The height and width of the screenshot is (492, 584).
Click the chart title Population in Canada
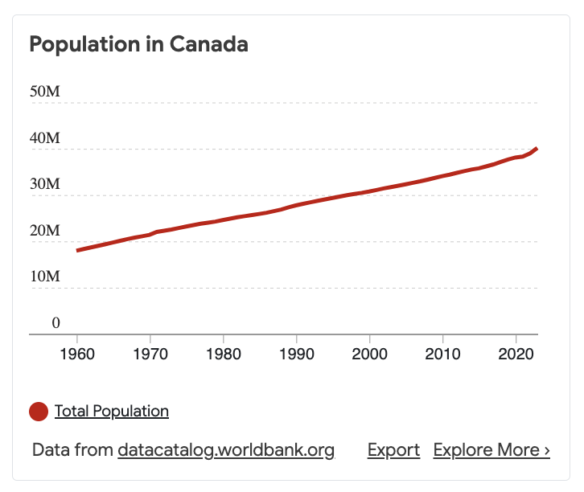pos(138,44)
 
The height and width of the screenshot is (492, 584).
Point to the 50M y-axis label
pos(45,92)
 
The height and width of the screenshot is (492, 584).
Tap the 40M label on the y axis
pos(45,138)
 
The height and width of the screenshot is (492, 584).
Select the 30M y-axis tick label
pos(45,184)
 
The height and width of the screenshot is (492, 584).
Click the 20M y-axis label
pos(45,231)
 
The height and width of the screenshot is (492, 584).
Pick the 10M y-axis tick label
pos(45,277)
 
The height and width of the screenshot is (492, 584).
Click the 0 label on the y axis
pos(56,323)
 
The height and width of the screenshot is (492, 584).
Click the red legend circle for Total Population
pos(39,412)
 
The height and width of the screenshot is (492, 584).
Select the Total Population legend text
pos(112,412)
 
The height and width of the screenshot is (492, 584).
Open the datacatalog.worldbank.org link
pos(226,450)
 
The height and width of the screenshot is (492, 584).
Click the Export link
pos(393,450)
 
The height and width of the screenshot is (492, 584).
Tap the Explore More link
pos(491,450)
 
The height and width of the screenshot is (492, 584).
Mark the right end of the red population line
pos(537,149)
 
